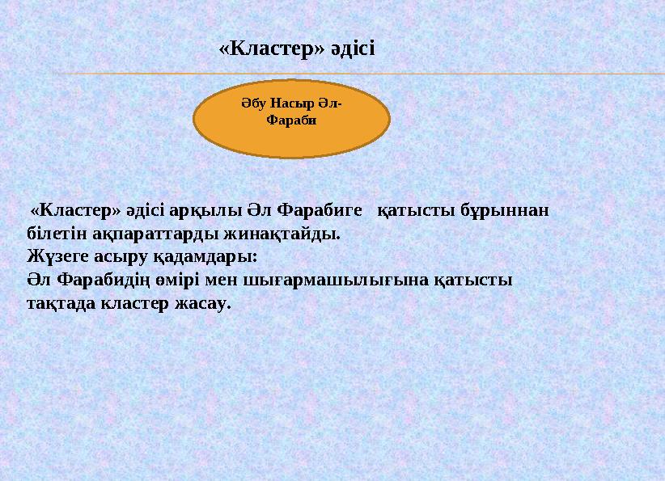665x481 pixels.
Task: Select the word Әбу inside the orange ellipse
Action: (x=254, y=104)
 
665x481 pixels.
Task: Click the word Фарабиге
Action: (x=318, y=211)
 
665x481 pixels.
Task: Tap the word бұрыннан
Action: (x=505, y=211)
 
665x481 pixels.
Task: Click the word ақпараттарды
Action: (x=142, y=234)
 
